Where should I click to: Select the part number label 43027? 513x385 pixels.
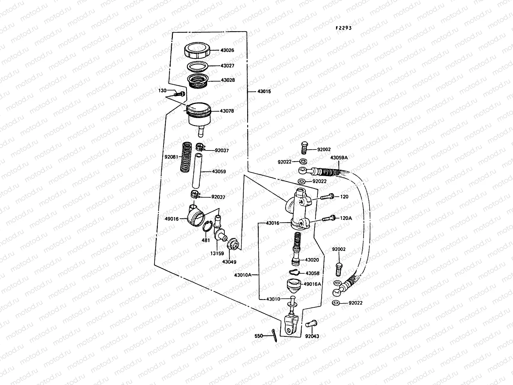pyautogui.click(x=227, y=65)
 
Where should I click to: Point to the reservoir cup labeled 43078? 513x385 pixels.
pyautogui.click(x=199, y=116)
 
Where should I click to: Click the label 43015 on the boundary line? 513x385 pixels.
pyautogui.click(x=264, y=91)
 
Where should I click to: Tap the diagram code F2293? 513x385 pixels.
pyautogui.click(x=344, y=28)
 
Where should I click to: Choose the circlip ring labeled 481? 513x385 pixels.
pyautogui.click(x=207, y=228)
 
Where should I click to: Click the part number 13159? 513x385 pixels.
pyautogui.click(x=217, y=253)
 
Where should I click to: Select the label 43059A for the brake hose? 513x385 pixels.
pyautogui.click(x=339, y=158)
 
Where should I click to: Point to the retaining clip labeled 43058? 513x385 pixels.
pyautogui.click(x=294, y=273)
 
